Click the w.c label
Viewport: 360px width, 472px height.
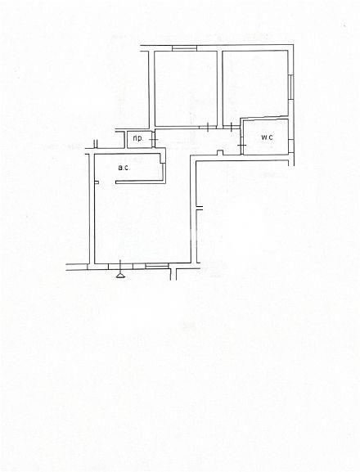pos(267,137)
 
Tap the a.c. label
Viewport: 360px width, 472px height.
pos(124,168)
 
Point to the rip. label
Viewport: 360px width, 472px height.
pos(137,138)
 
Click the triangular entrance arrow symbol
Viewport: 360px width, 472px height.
pos(120,275)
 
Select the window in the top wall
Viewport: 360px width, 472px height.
pos(185,48)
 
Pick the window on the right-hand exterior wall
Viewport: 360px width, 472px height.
pos(290,87)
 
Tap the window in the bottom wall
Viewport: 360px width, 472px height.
pos(157,266)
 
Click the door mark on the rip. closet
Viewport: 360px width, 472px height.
pos(154,140)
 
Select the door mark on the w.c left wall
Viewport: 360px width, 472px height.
pos(241,146)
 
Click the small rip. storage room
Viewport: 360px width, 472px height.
pos(139,140)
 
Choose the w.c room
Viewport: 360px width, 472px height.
pos(265,137)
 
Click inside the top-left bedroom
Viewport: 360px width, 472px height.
pos(186,88)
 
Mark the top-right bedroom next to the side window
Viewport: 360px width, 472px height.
pos(255,84)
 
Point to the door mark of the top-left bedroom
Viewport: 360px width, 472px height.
pos(208,128)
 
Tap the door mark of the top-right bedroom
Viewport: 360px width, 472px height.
pos(231,127)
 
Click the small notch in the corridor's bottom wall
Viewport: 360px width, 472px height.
pos(220,153)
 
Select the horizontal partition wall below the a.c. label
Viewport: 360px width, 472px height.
pos(140,182)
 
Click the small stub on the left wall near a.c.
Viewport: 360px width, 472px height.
pos(97,182)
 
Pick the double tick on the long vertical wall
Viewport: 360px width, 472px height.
pos(200,208)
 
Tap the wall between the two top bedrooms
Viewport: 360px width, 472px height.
pos(220,88)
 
